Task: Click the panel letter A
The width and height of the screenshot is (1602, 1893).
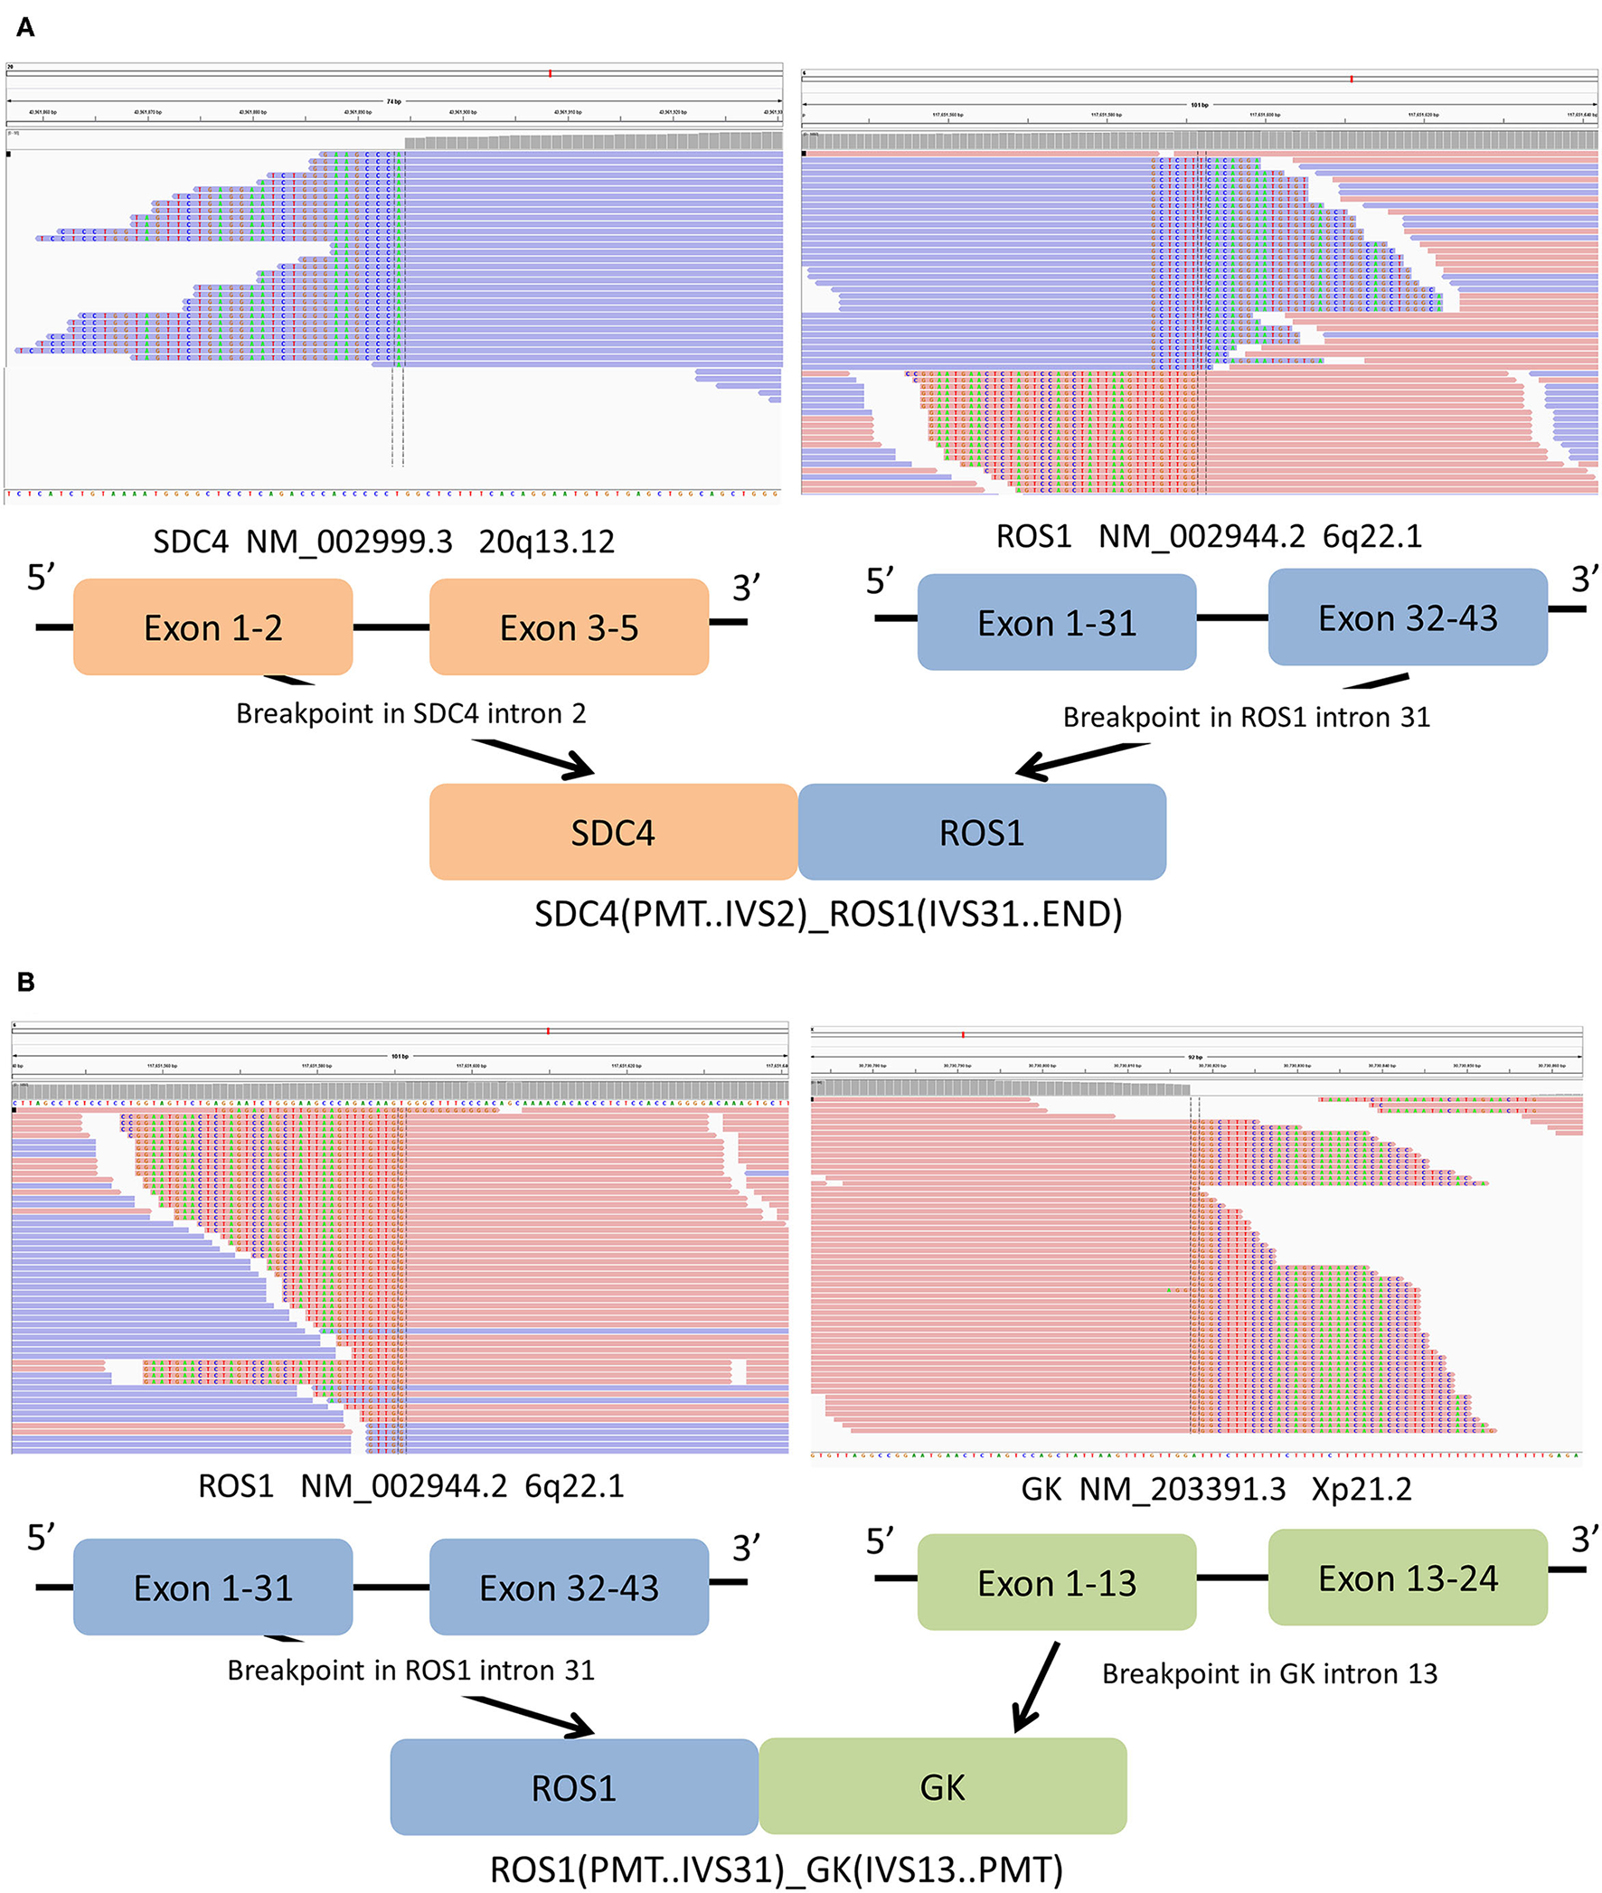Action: coord(25,28)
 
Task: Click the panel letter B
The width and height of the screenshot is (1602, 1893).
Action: coord(25,983)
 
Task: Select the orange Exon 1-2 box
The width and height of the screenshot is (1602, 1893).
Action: coord(212,627)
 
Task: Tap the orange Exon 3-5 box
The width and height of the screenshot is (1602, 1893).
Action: coord(569,627)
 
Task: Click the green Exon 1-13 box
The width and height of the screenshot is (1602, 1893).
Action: coord(1056,1583)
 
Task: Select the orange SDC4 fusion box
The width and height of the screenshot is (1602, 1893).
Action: coord(613,832)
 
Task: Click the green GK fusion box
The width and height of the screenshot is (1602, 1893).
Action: coord(943,1786)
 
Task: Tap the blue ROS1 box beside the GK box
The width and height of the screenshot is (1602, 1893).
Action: coord(574,1787)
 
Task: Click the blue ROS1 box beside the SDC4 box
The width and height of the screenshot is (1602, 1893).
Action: coord(982,832)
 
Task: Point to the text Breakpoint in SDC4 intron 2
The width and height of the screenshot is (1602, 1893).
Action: coord(410,713)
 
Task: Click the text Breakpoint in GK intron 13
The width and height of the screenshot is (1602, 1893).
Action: coord(1268,1673)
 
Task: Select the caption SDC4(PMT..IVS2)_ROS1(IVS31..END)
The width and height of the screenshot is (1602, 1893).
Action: coord(827,913)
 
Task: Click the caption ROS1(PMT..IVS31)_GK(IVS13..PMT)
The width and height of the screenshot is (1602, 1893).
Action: coord(777,1869)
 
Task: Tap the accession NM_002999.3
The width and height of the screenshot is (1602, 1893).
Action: coord(349,542)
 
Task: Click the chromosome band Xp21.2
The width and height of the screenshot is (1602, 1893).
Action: coord(1362,1490)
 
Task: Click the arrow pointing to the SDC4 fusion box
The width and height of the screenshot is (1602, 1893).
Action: coord(536,759)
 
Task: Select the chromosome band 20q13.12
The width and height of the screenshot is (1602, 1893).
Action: coord(546,542)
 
